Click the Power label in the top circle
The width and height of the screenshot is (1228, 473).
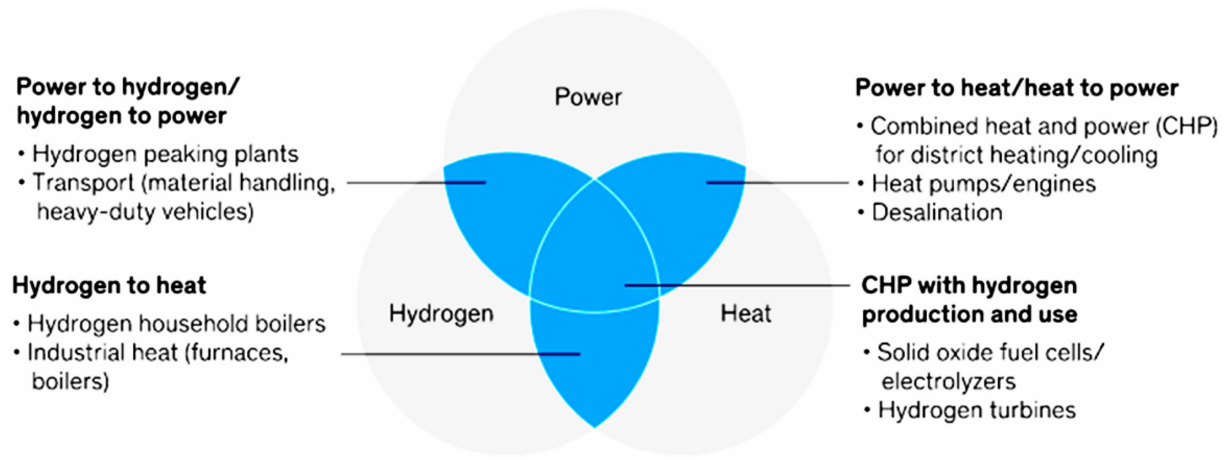coord(588,97)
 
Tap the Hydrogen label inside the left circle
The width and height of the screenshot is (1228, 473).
coord(441,314)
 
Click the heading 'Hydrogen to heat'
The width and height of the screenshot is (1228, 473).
coord(109,286)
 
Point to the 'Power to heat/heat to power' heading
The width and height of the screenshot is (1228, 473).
coord(1016,88)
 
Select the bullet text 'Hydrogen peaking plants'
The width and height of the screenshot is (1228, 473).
coord(165,154)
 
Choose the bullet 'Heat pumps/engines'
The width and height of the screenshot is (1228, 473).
coord(983,184)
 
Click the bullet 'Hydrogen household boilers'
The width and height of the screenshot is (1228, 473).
coord(176,324)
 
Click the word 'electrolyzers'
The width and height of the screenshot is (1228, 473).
coord(948,382)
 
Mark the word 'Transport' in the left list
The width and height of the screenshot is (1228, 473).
coord(83,183)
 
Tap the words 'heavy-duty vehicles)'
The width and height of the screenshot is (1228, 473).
coord(145,212)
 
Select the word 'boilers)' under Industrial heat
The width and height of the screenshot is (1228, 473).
coord(70,382)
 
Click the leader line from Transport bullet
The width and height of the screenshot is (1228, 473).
coord(415,182)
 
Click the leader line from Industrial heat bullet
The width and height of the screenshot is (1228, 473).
coord(458,354)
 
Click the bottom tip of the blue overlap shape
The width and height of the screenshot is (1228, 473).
coord(594,425)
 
